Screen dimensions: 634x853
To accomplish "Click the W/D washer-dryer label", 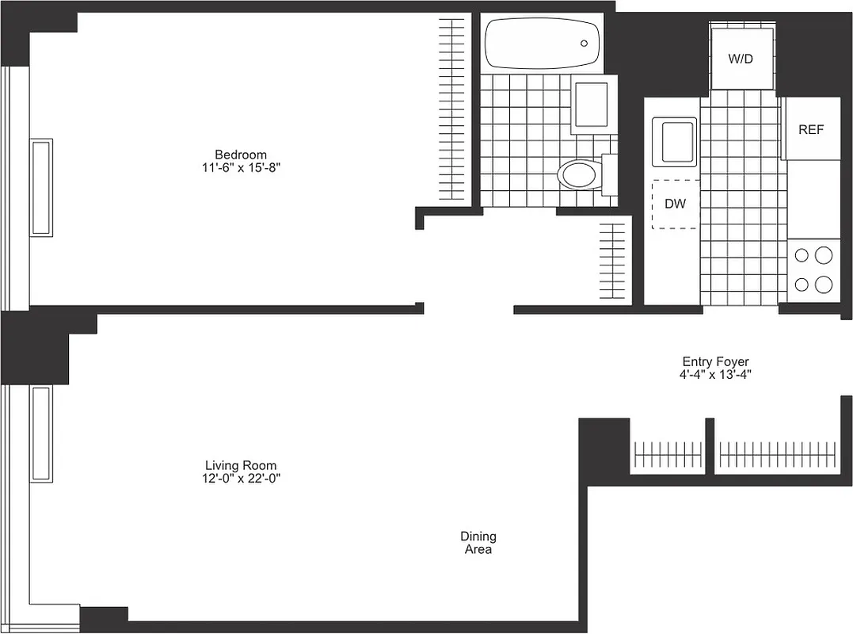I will (741, 59).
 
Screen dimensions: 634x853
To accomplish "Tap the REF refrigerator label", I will (810, 130).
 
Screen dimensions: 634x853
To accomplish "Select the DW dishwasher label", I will (675, 204).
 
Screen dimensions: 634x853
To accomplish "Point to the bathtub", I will (543, 44).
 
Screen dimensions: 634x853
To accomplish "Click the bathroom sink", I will (590, 104).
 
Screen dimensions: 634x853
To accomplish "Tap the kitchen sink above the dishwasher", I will (674, 142).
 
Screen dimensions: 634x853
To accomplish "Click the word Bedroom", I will (241, 154).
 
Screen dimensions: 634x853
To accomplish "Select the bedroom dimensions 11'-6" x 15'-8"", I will (241, 168).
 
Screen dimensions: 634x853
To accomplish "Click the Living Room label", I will (241, 465).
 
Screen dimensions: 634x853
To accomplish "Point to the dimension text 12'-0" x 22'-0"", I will (241, 479).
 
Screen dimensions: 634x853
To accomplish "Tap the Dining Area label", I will (478, 543).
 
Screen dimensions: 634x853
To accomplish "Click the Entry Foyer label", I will (715, 361).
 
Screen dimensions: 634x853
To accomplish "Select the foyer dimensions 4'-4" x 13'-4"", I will (715, 375).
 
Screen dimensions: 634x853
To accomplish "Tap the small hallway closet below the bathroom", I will (612, 261).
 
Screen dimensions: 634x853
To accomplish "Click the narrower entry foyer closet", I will (667, 456).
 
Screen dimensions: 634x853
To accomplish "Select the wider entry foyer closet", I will (776, 456).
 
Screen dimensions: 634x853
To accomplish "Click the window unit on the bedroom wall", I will (41, 187).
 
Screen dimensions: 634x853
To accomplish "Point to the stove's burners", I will (813, 269).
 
